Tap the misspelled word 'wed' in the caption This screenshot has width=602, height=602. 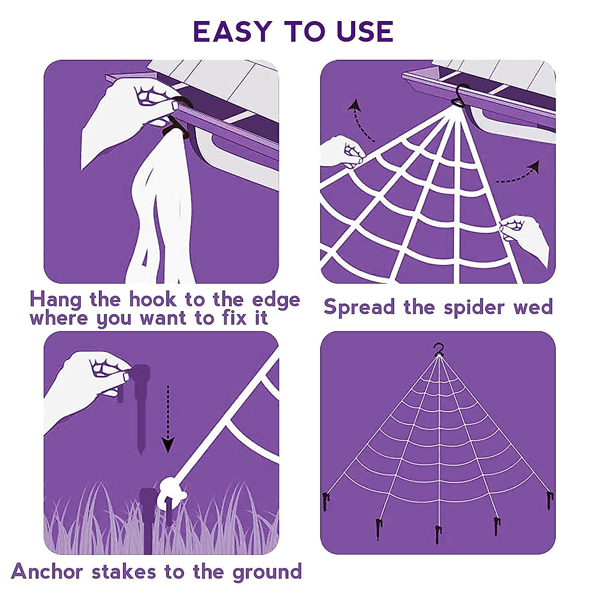coord(533,307)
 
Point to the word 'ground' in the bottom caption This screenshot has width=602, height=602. coord(267,572)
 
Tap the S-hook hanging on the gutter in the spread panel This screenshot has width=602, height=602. coord(460,95)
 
